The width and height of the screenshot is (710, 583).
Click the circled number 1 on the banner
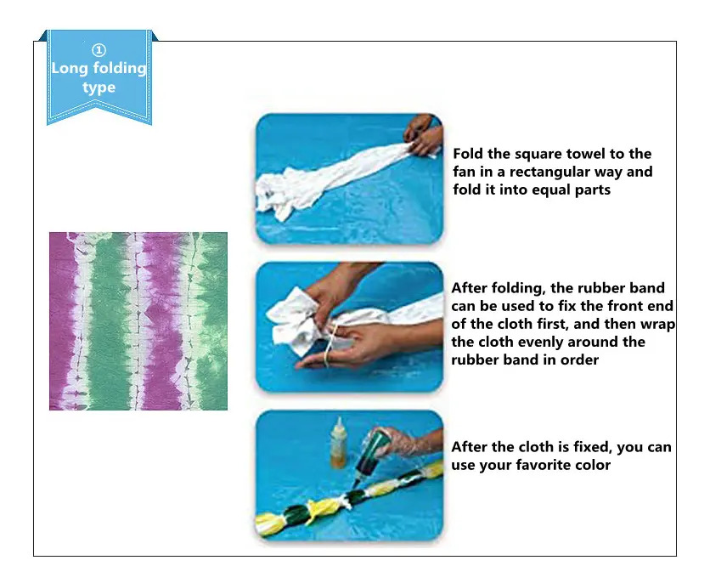click(x=99, y=50)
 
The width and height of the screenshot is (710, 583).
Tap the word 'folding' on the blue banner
click(x=120, y=68)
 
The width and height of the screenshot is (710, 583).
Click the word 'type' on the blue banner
click(x=99, y=87)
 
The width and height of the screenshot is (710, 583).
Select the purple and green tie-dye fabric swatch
click(x=138, y=321)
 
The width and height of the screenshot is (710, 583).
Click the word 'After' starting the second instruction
click(x=469, y=287)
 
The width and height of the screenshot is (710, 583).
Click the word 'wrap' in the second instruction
click(x=657, y=325)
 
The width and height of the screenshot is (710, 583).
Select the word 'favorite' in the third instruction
click(x=545, y=465)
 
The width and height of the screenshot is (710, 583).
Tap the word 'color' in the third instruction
click(x=595, y=465)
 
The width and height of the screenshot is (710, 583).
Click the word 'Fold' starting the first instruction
click(x=468, y=154)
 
